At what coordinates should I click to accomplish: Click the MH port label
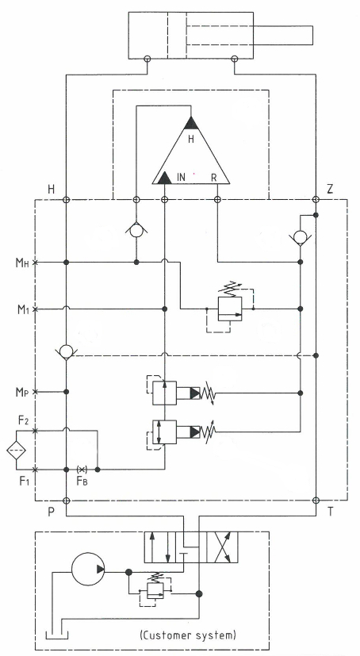[22, 263]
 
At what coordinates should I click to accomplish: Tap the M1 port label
[22, 309]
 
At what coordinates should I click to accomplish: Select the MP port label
[22, 392]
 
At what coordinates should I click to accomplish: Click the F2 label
[24, 420]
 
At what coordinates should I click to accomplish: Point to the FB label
[82, 481]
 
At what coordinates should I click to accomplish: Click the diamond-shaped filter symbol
[17, 451]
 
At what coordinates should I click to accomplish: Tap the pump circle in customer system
[88, 569]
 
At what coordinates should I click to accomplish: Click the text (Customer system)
[188, 635]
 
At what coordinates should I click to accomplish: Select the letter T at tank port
[331, 512]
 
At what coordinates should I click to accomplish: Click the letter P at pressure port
[51, 512]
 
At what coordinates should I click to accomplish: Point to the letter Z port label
[330, 189]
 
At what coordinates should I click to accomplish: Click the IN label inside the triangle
[181, 178]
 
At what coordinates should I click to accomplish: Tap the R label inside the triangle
[213, 178]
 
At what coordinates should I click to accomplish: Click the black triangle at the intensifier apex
[191, 123]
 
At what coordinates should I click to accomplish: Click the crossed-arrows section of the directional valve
[222, 547]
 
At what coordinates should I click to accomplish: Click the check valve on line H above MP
[66, 351]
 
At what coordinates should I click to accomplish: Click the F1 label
[25, 481]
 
